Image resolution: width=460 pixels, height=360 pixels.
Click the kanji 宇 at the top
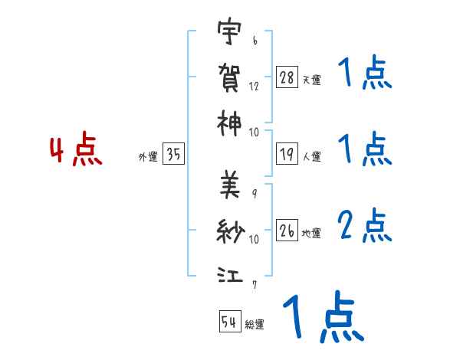point(229,34)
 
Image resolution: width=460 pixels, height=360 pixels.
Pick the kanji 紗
point(229,230)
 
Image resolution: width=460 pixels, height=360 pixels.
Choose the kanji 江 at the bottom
point(229,273)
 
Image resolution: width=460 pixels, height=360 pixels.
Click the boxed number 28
point(287,78)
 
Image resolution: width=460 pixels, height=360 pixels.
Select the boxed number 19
point(287,155)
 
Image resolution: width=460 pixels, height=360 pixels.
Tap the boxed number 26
point(287,231)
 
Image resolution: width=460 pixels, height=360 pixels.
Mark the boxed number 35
point(173,155)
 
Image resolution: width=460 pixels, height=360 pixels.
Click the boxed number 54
point(229,322)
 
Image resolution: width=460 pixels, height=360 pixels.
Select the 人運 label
point(312,157)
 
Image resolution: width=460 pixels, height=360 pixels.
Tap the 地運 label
point(312,234)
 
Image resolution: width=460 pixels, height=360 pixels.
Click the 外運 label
point(148,157)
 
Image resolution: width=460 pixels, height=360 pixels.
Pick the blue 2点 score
point(364,226)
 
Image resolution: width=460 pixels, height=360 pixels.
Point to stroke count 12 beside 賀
point(254,87)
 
